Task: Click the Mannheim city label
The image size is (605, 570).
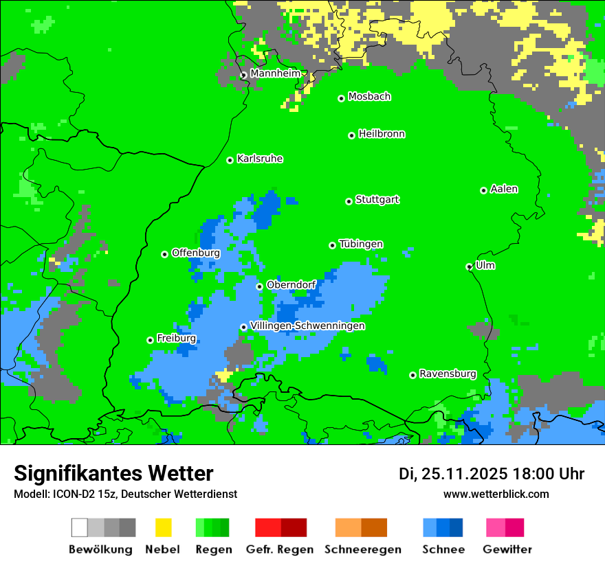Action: (276, 73)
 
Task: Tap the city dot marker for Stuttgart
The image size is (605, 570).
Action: (349, 201)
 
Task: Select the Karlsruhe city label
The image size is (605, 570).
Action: (260, 159)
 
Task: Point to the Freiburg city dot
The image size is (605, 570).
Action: (150, 340)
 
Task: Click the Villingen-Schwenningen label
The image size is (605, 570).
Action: (307, 326)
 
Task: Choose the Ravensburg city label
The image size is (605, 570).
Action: (448, 374)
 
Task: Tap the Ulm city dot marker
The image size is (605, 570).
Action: (470, 266)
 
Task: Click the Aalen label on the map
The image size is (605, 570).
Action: (504, 189)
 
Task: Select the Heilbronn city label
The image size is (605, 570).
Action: (382, 134)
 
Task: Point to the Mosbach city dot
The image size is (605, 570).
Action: (341, 98)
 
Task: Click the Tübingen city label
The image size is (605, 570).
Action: (361, 244)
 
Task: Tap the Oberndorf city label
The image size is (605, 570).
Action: (291, 284)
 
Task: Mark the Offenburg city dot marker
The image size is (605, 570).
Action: (164, 254)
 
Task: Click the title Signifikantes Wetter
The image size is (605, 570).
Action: (113, 473)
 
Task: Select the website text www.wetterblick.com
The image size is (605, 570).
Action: (496, 494)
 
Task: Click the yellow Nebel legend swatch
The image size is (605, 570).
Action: (163, 527)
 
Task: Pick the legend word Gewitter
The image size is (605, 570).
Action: (507, 549)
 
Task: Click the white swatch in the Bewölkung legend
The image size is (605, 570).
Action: (80, 527)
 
